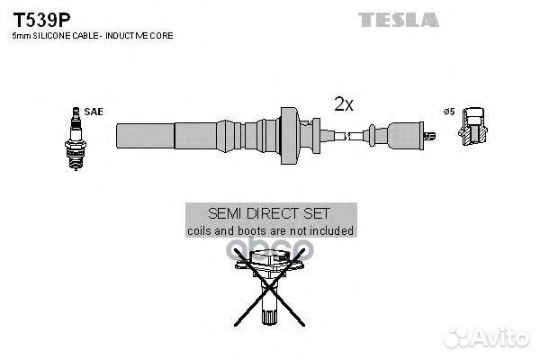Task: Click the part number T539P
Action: (x=41, y=20)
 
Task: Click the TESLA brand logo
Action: (x=399, y=20)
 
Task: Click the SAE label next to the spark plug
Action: (x=94, y=112)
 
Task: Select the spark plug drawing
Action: (x=76, y=139)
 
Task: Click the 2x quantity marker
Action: (x=344, y=103)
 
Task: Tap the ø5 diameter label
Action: (x=449, y=112)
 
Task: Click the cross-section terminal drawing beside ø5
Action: (x=472, y=126)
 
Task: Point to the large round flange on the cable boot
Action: (x=289, y=135)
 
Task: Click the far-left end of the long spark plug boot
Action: (x=117, y=136)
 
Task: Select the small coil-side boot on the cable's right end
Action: (x=396, y=136)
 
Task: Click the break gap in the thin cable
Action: (x=346, y=136)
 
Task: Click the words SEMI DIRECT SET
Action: (x=269, y=213)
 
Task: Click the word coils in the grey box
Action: (x=199, y=230)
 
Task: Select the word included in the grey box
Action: (x=331, y=230)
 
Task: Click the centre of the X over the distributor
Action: (x=268, y=288)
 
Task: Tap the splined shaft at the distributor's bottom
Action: (x=269, y=316)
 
